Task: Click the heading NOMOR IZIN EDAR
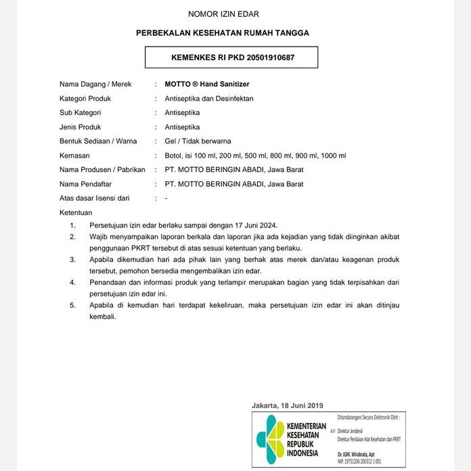[x=223, y=14]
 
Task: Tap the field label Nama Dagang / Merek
[x=95, y=85]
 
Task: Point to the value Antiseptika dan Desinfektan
[x=209, y=99]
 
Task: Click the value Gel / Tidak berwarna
[x=198, y=141]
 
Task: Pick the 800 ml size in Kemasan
[x=281, y=156]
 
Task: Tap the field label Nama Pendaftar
[x=85, y=184]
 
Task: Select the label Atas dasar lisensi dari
[x=94, y=198]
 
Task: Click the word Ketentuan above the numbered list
[x=76, y=212]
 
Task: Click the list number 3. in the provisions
[x=72, y=259]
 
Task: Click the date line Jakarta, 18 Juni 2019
[x=288, y=405]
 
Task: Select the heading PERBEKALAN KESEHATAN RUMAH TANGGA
[x=223, y=32]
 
